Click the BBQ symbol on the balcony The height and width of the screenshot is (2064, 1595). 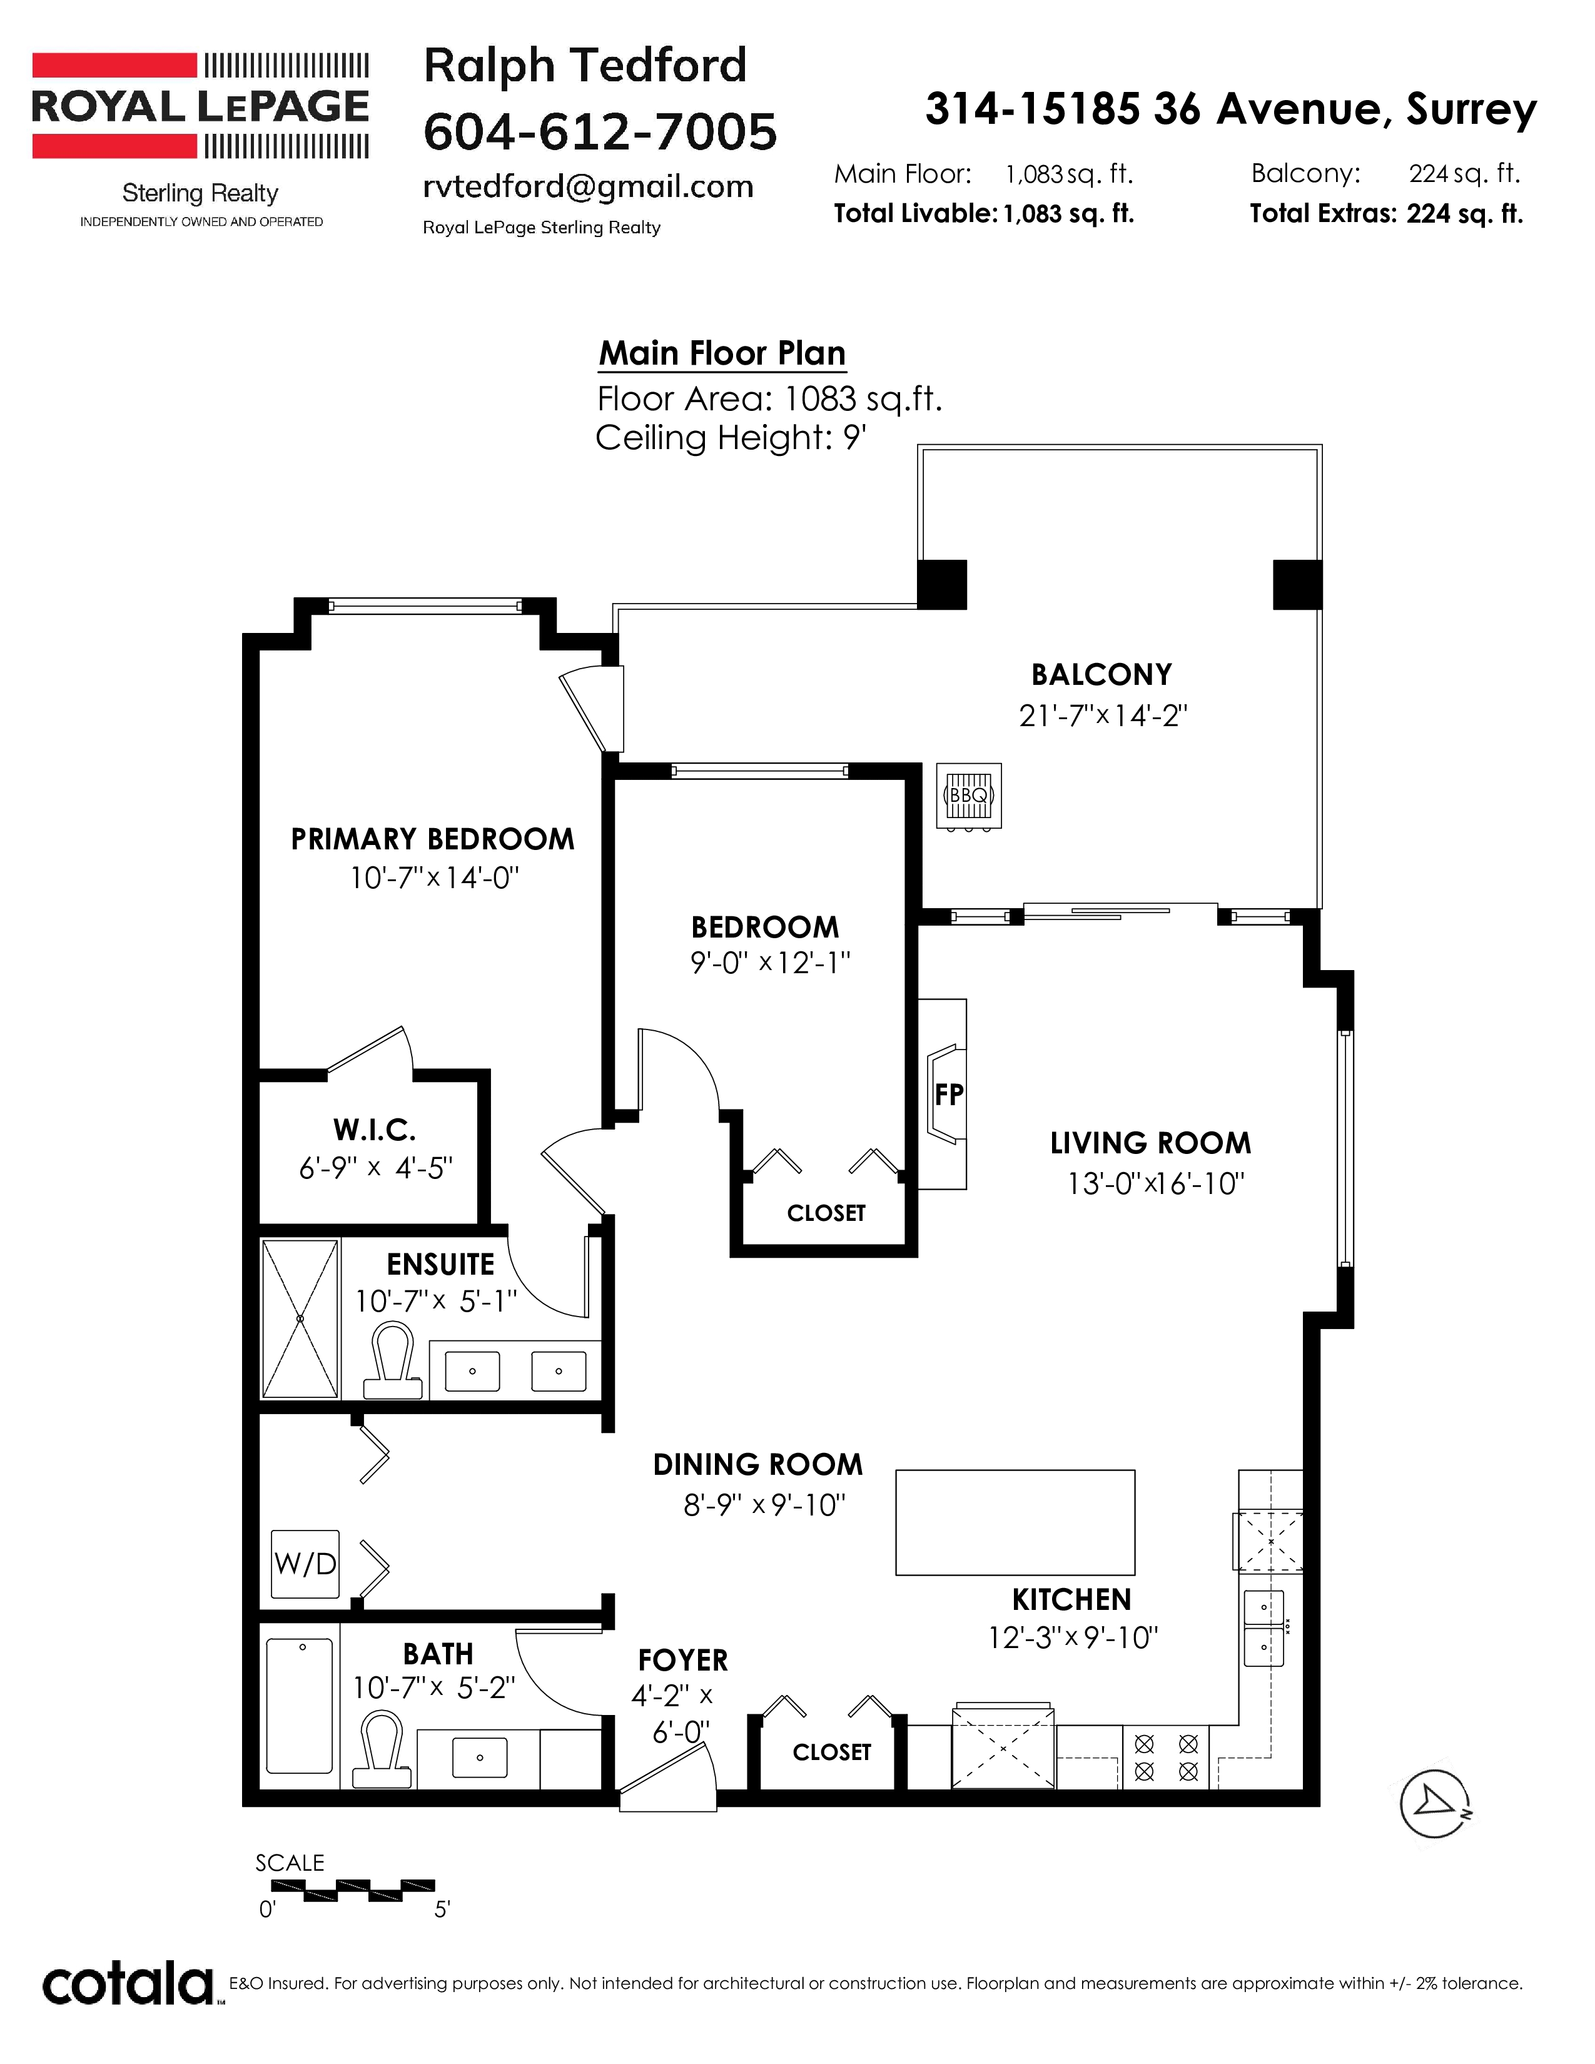(x=968, y=797)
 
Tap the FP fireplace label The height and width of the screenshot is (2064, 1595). (x=949, y=1095)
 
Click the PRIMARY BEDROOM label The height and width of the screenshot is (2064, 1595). (x=432, y=839)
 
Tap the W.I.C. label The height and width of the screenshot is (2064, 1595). (x=374, y=1130)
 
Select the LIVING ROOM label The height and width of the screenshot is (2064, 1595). (x=1150, y=1143)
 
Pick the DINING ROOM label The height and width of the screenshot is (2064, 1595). (x=758, y=1465)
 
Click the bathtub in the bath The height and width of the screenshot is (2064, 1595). (x=300, y=1706)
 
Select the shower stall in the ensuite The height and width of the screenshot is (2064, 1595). (x=300, y=1318)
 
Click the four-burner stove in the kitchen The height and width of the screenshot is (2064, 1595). (x=1166, y=1757)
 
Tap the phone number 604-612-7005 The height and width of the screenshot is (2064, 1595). (x=600, y=131)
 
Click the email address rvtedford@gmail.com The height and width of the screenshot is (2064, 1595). (x=588, y=187)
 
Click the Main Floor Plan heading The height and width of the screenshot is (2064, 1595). (x=722, y=353)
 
